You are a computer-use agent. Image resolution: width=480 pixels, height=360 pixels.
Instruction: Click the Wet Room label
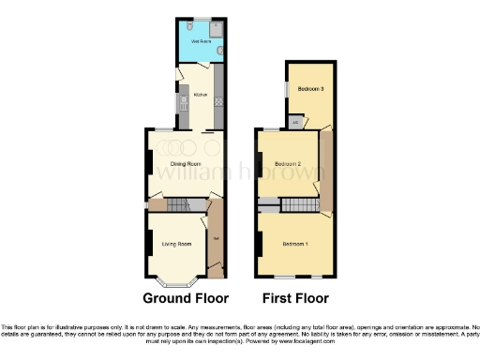click(x=200, y=42)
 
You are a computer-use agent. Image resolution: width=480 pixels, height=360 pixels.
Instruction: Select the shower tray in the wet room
click(x=216, y=28)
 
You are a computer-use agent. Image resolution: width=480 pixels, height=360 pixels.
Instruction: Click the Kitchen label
click(x=200, y=95)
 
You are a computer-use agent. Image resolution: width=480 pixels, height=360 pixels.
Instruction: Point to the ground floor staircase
click(x=188, y=205)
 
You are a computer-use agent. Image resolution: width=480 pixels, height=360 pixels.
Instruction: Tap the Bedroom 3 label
click(x=310, y=89)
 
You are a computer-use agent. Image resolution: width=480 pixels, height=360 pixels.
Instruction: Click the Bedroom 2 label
click(x=285, y=163)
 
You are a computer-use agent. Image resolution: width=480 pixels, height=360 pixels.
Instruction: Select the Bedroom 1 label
click(x=294, y=244)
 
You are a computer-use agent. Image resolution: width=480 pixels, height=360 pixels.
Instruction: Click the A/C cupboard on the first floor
click(x=295, y=122)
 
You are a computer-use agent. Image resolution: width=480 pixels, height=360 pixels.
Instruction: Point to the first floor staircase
click(x=300, y=205)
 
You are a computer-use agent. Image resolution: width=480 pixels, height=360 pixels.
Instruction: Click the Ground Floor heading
click(x=185, y=299)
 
